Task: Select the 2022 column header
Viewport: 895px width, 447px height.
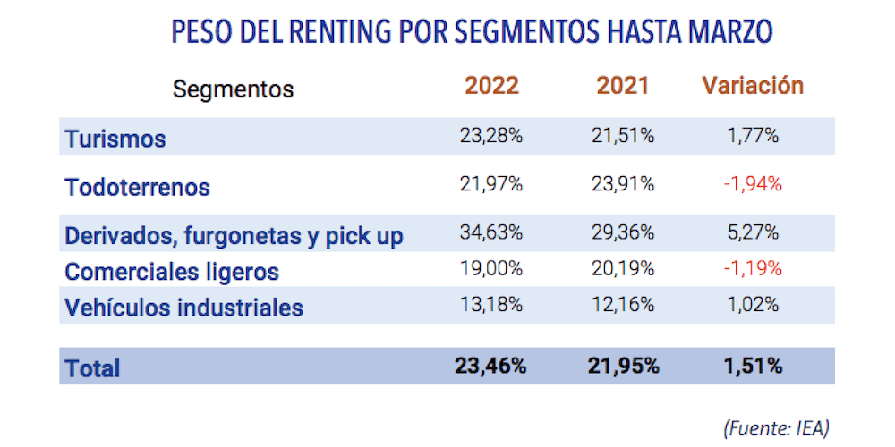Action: click(x=491, y=86)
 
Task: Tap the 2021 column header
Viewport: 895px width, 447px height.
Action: click(x=623, y=86)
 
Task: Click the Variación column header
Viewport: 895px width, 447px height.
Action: click(x=753, y=86)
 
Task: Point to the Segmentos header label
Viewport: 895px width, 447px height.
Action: click(x=233, y=89)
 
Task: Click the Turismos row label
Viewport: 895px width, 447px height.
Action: click(x=115, y=139)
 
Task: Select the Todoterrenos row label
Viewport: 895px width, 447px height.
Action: click(x=138, y=187)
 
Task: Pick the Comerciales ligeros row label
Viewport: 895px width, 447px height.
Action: click(x=172, y=271)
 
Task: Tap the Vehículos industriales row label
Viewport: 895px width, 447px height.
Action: click(x=184, y=308)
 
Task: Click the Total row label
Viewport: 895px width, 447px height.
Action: click(x=92, y=367)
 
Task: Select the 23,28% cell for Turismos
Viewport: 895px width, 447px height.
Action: click(x=491, y=137)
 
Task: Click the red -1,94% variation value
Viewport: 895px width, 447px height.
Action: click(x=753, y=185)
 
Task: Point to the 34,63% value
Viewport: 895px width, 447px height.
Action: click(x=491, y=234)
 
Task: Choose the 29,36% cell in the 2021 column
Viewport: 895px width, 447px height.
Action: click(x=623, y=234)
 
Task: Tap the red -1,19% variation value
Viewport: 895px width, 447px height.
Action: click(x=753, y=269)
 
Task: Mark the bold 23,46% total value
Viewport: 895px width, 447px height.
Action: click(x=491, y=366)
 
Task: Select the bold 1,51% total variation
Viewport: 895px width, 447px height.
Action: click(x=753, y=366)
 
